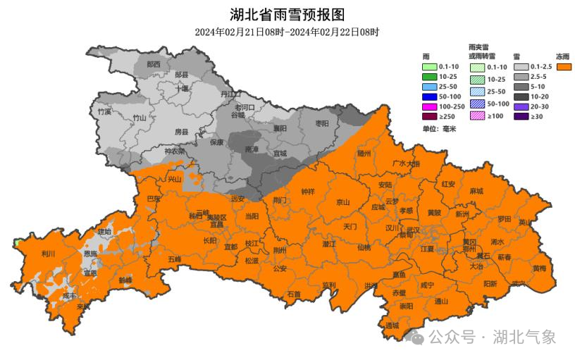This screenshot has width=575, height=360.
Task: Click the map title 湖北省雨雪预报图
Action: pos(287,14)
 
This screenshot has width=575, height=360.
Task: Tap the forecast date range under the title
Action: pos(287,32)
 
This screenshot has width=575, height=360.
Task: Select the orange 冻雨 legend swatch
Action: pos(563,67)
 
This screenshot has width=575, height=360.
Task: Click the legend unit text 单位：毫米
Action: pos(439,129)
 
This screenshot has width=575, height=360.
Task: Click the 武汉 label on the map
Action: pos(413,230)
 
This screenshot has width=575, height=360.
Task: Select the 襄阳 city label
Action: pos(280,128)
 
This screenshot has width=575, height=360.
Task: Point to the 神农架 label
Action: pos(174,150)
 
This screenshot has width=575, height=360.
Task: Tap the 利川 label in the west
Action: pos(49,254)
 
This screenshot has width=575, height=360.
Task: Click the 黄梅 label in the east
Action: pos(539,268)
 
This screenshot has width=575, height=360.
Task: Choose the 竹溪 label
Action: pos(105,111)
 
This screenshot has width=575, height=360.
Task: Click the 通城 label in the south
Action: pos(392,325)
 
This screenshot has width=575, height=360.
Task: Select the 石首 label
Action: pos(293,294)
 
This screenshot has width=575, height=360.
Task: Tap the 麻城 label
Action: pos(476,191)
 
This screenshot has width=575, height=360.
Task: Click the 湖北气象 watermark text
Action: pos(524,337)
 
